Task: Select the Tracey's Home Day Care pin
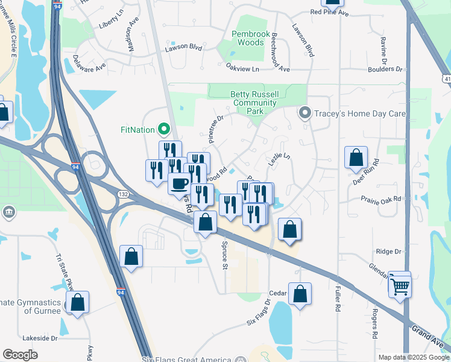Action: tap(306, 113)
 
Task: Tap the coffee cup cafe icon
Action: tap(179, 183)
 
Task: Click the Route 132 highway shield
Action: tap(123, 194)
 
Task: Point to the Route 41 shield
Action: tap(446, 79)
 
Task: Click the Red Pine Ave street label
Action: tap(329, 12)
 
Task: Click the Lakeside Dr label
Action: tap(39, 338)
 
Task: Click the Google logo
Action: tap(20, 354)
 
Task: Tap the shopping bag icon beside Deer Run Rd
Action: tap(356, 157)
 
